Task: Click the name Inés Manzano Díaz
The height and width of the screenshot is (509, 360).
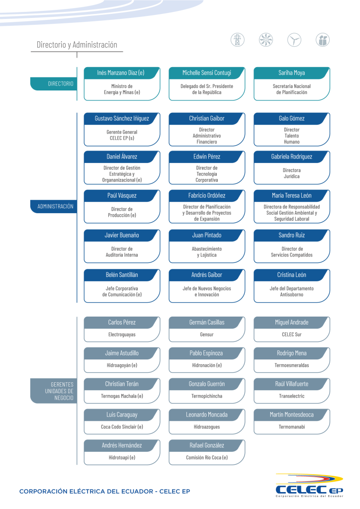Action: tap(121, 73)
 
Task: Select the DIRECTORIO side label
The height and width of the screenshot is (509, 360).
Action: tap(61, 84)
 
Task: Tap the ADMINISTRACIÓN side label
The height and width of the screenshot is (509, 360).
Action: tap(55, 206)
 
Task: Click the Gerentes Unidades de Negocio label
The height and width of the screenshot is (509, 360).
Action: tap(62, 391)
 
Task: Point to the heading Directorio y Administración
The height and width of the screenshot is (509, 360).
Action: tap(77, 45)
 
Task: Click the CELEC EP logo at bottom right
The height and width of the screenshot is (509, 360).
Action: tap(309, 485)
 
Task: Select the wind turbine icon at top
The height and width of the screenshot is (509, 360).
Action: tap(294, 40)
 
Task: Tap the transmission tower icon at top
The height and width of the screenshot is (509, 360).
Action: tap(238, 40)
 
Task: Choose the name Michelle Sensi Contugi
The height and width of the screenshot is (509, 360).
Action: tap(206, 73)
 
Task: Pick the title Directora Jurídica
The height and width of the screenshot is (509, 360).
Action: tap(291, 173)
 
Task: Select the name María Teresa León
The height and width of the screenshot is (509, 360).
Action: tap(291, 195)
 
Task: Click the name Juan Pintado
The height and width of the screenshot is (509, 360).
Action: tap(206, 235)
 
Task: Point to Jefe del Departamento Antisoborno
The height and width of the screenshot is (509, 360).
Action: tap(291, 291)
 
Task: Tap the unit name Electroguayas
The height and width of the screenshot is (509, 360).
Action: tap(122, 335)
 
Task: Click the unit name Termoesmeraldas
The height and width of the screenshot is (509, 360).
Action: tap(291, 365)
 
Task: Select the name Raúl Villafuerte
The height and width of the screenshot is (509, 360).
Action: tap(291, 384)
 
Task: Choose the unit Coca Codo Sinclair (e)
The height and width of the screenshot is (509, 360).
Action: tap(122, 426)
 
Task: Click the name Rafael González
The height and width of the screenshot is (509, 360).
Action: tap(206, 445)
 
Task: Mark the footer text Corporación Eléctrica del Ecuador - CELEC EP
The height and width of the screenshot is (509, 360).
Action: tap(104, 492)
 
